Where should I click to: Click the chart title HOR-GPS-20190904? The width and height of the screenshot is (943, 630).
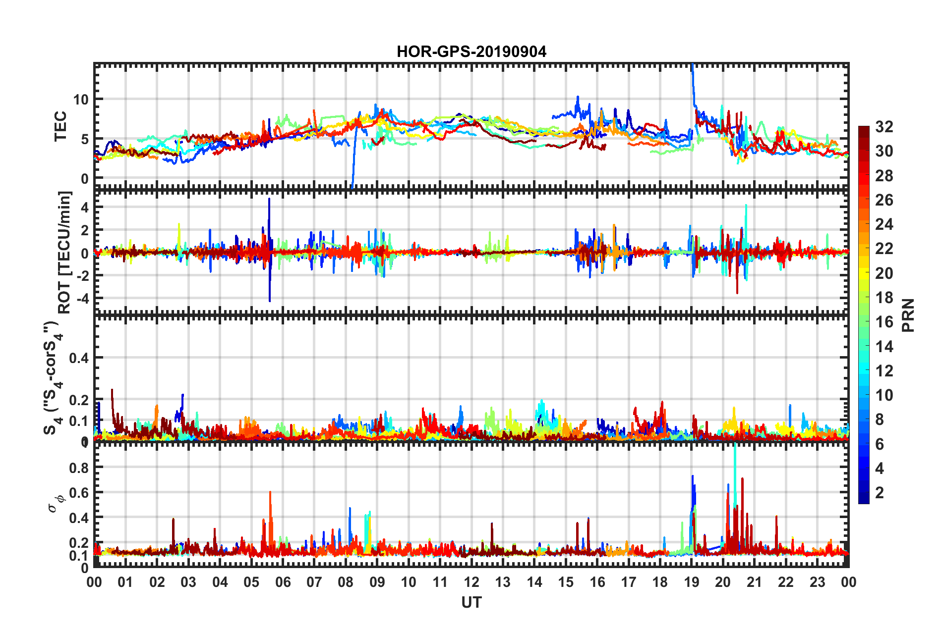471,52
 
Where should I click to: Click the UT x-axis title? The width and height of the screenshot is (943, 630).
471,602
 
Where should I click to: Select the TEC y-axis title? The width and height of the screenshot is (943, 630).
60,126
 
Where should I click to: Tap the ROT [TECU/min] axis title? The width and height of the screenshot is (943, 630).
64,253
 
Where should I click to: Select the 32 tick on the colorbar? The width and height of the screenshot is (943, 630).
884,127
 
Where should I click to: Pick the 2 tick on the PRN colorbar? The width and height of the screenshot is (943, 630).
880,492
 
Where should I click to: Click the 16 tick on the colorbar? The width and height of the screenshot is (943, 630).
884,322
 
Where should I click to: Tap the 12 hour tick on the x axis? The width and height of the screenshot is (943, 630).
471,582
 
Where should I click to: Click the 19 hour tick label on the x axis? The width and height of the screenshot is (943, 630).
692,582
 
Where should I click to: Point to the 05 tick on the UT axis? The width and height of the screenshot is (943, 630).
251,582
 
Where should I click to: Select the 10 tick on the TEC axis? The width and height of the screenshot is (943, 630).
81,100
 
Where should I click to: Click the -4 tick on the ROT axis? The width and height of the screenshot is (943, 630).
83,299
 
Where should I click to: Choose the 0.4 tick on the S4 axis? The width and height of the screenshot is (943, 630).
79,358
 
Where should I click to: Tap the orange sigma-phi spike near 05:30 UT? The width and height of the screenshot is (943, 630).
270,493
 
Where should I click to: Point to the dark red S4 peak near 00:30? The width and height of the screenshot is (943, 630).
112,391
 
